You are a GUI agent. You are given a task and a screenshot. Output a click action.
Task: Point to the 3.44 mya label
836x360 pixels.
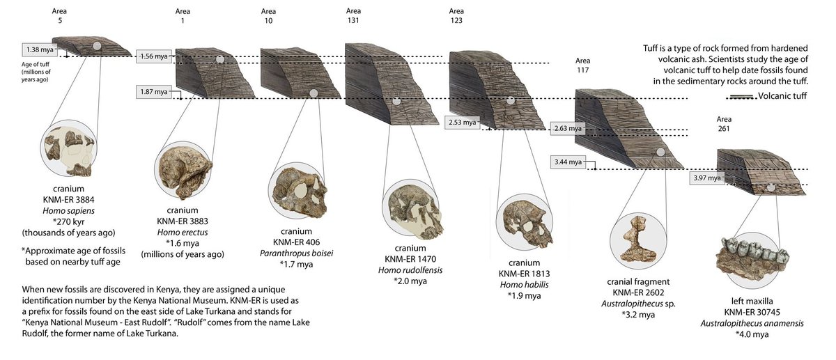566,162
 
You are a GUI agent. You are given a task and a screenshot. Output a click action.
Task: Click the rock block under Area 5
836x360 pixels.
93,47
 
